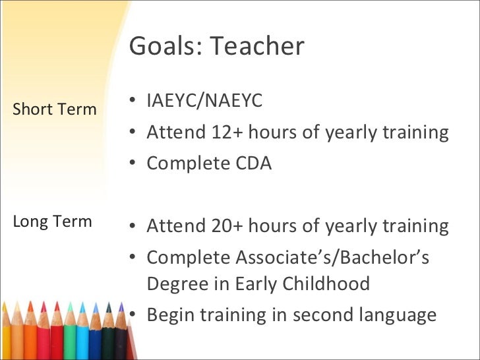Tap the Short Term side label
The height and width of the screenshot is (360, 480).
(x=55, y=109)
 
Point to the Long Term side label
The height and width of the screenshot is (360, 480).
(x=52, y=221)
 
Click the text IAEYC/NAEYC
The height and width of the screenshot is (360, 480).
(x=204, y=101)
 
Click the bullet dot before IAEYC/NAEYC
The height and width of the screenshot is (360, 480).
(x=133, y=101)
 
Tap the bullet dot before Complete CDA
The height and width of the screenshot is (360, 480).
(x=133, y=164)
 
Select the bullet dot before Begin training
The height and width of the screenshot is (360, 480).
(x=133, y=315)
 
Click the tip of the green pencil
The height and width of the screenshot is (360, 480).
(x=69, y=305)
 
